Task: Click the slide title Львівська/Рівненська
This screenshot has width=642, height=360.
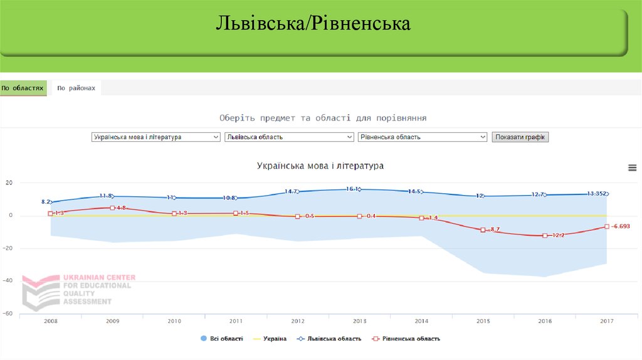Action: click(x=313, y=24)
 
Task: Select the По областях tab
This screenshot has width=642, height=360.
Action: click(x=23, y=88)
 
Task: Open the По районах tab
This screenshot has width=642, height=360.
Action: click(x=76, y=88)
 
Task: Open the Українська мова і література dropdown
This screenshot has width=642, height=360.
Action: click(x=155, y=137)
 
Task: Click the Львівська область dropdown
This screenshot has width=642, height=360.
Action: click(x=289, y=137)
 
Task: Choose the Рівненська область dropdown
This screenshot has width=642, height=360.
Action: click(x=422, y=137)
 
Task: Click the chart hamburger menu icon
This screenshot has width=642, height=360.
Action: click(x=632, y=167)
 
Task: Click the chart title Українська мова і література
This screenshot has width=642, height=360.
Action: click(x=320, y=166)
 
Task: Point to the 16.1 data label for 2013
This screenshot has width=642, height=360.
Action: click(x=353, y=189)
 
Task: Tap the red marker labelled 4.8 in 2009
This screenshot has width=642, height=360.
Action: click(x=112, y=208)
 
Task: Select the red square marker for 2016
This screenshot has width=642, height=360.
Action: click(x=545, y=235)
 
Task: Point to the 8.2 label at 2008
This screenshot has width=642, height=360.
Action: click(x=46, y=202)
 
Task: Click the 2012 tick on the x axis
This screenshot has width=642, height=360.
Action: click(x=298, y=321)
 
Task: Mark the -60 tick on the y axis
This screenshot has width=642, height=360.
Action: click(x=9, y=313)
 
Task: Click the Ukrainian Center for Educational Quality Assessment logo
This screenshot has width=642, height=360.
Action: click(x=78, y=290)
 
